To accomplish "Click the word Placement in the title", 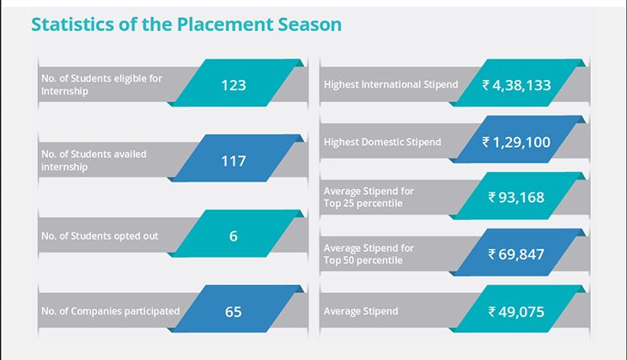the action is click(225, 24).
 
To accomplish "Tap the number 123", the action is click(234, 85).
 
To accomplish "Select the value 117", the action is click(234, 161).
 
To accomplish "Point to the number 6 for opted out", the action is click(234, 236).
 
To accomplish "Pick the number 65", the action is click(234, 312).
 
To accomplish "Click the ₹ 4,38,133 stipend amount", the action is click(516, 85).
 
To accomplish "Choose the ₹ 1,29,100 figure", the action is click(516, 142).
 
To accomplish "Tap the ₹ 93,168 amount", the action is click(516, 198).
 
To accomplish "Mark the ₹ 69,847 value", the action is click(516, 254).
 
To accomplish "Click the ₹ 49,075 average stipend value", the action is click(516, 312).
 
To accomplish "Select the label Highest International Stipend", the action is click(391, 84).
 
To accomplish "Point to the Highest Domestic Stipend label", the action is click(382, 142).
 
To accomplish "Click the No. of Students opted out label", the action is click(100, 236).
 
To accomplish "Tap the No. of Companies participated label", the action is click(110, 311).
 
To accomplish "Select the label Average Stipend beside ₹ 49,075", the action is click(361, 311).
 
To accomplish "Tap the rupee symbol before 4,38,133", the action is click(485, 85).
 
